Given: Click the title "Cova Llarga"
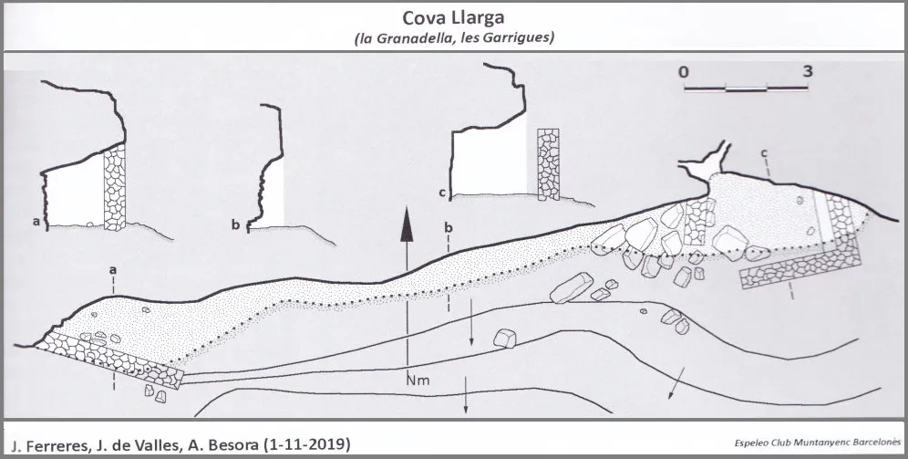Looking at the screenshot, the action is coord(453,17).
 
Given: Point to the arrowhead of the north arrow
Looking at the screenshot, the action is coord(408,224).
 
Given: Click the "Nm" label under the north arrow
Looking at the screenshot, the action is coord(418,381).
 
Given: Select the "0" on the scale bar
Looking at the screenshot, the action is coord(685,71).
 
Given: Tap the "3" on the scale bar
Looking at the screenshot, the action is coord(808,71).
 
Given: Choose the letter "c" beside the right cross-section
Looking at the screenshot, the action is coord(442,193).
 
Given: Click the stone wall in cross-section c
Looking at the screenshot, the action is coord(548,164).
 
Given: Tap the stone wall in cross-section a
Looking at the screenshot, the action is coord(114,187).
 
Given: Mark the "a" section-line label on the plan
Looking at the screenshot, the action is coord(113,270).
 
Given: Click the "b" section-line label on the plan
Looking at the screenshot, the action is coord(449,227).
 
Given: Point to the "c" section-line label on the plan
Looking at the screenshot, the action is coord(765,153).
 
